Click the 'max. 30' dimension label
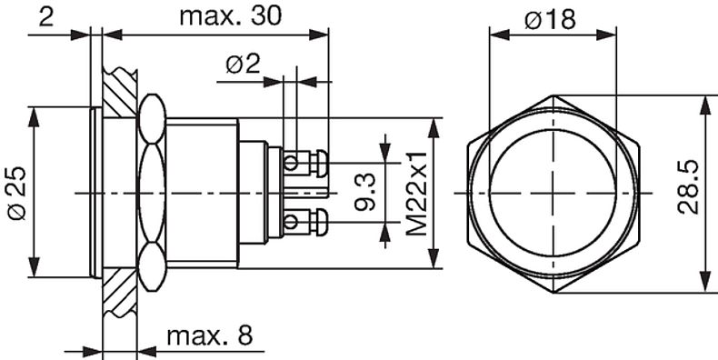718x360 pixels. click(x=230, y=16)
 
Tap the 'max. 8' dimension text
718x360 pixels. click(x=209, y=336)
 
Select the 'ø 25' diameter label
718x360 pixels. click(x=18, y=194)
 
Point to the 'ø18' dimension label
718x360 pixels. click(x=550, y=19)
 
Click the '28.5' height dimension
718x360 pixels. click(x=688, y=187)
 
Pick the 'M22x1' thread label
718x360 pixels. click(x=416, y=194)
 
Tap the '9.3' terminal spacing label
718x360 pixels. click(x=365, y=193)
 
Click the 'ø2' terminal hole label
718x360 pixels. click(x=243, y=65)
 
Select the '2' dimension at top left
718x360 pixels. click(x=45, y=16)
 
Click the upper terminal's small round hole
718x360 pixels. click(x=290, y=162)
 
